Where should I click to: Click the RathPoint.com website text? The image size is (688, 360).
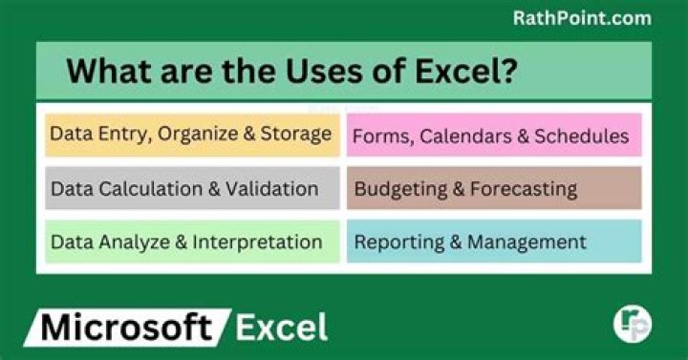pyautogui.click(x=581, y=18)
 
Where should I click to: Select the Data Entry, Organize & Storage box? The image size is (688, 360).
pyautogui.click(x=191, y=134)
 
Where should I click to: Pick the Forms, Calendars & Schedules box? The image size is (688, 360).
pyautogui.click(x=492, y=136)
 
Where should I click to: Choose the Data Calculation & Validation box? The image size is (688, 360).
pyautogui.click(x=191, y=188)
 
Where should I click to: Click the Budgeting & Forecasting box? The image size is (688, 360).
pyautogui.click(x=492, y=188)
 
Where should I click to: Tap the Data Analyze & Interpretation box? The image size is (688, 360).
pyautogui.click(x=191, y=242)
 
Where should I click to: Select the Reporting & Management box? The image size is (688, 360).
pyautogui.click(x=492, y=242)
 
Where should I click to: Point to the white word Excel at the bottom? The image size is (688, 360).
pyautogui.click(x=281, y=328)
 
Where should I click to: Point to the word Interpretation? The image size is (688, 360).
pyautogui.click(x=257, y=243)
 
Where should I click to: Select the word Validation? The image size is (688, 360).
pyautogui.click(x=270, y=189)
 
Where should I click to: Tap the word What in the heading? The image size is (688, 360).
pyautogui.click(x=105, y=72)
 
